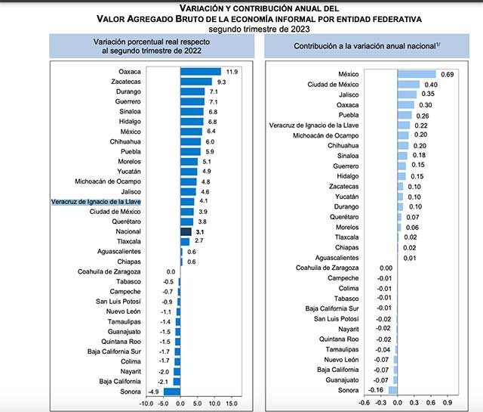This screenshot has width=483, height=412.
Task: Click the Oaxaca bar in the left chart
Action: coord(200,71)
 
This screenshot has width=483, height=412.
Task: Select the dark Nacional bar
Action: coord(186,231)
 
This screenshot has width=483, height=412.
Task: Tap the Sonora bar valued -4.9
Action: coord(172,392)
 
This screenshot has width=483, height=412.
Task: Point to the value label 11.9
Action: coord(232,71)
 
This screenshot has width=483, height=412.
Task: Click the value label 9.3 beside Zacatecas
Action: coord(222,81)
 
